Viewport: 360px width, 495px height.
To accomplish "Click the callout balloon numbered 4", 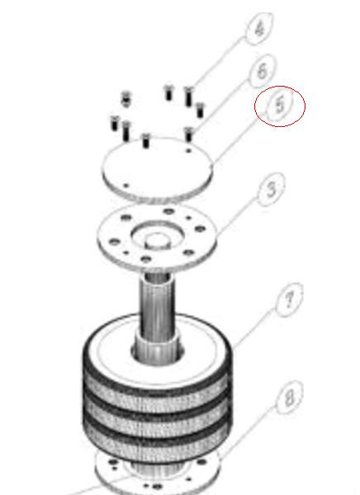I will tap(260, 29).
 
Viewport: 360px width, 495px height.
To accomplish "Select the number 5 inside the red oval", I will tap(280, 106).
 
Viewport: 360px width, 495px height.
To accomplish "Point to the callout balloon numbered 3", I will tap(271, 190).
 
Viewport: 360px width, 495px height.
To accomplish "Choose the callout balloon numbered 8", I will tap(288, 400).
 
